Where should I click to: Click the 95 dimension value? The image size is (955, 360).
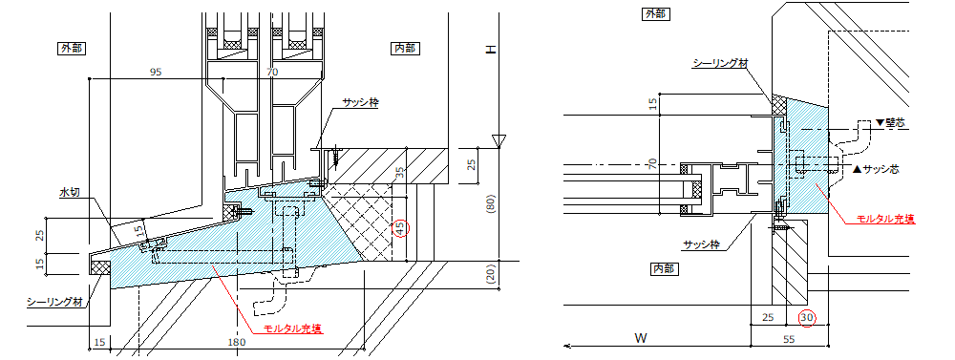click(x=156, y=72)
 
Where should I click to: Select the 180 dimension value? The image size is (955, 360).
click(x=236, y=343)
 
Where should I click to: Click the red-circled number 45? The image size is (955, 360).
click(x=401, y=229)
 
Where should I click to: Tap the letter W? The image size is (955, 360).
click(x=640, y=337)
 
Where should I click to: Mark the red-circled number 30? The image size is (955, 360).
click(x=806, y=317)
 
